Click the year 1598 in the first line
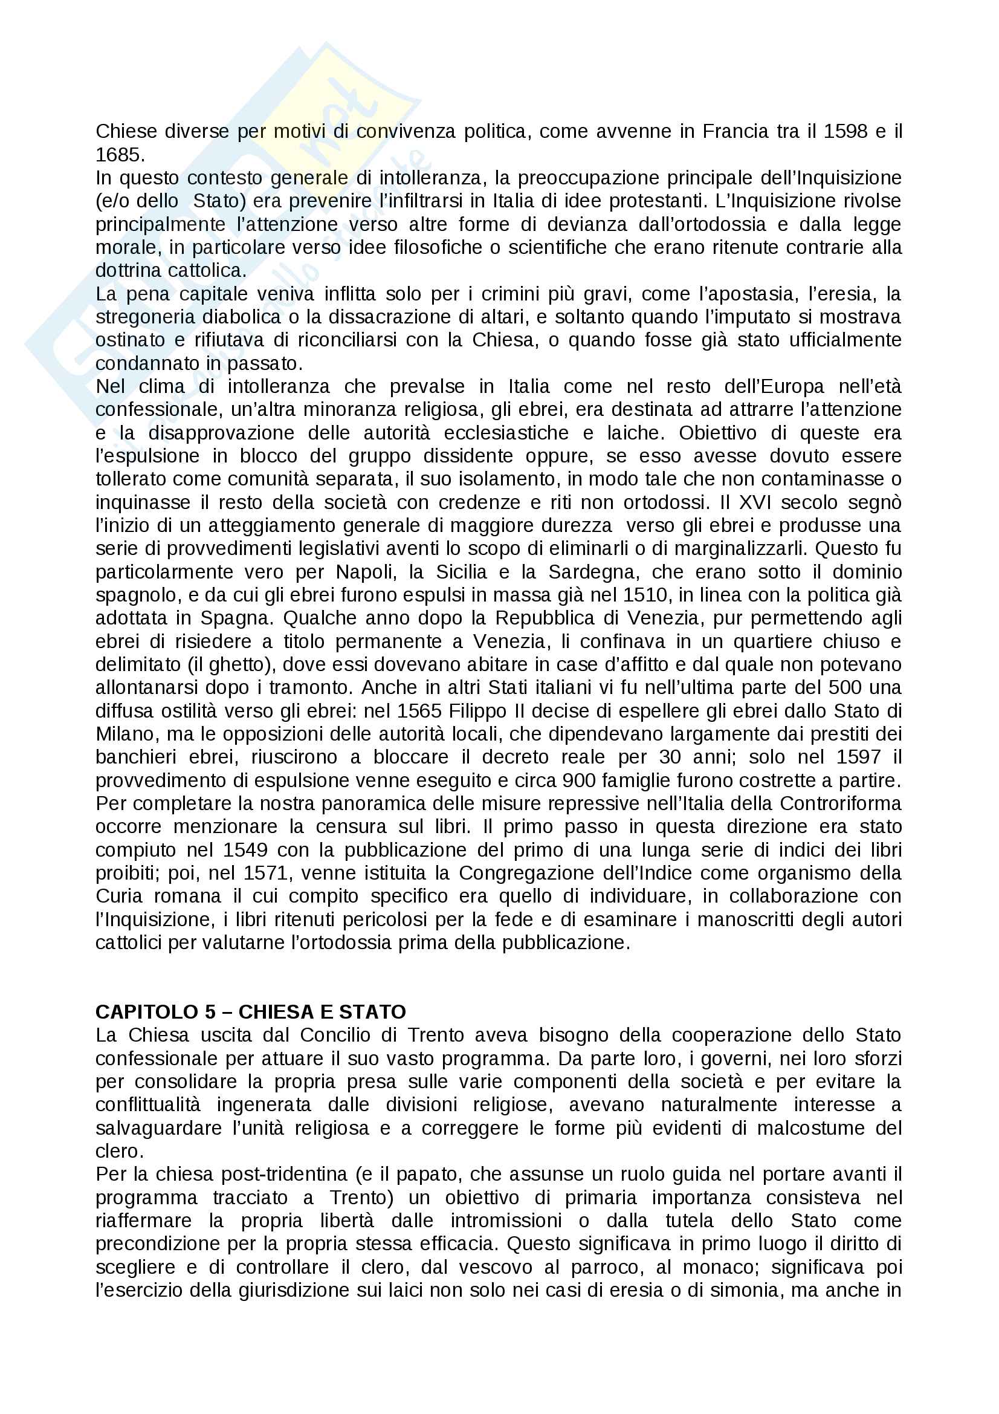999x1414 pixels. (845, 131)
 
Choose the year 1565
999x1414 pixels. (420, 711)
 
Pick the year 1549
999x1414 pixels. (245, 850)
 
